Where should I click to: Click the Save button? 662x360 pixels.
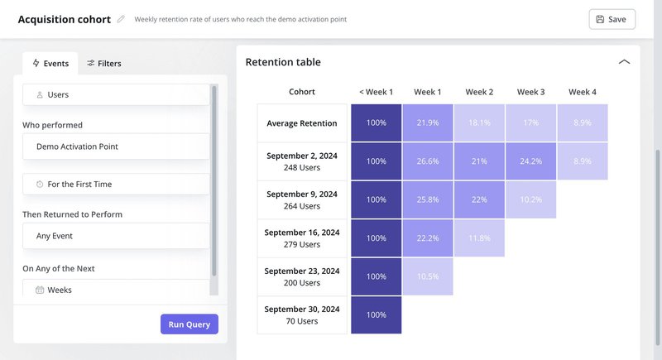point(612,19)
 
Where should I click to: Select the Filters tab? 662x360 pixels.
point(104,63)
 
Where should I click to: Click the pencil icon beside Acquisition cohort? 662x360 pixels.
point(122,19)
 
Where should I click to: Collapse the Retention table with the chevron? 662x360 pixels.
point(624,62)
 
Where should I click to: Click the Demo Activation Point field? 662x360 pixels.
point(116,146)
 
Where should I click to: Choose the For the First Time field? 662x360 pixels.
point(116,184)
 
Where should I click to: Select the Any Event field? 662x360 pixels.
point(116,236)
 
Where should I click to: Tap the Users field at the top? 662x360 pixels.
point(116,94)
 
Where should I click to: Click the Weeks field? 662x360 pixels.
point(116,290)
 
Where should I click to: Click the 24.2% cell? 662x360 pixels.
point(530,161)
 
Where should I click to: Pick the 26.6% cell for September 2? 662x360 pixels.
point(428,161)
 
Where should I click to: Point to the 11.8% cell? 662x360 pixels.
point(479,238)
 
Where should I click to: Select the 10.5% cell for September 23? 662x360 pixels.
point(428,276)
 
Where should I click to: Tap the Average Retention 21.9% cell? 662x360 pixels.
point(428,123)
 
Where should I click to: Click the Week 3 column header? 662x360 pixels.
point(530,92)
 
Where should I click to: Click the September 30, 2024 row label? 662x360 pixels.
point(302,314)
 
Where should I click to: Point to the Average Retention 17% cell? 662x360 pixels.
point(530,123)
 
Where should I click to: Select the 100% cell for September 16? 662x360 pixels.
point(376,238)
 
